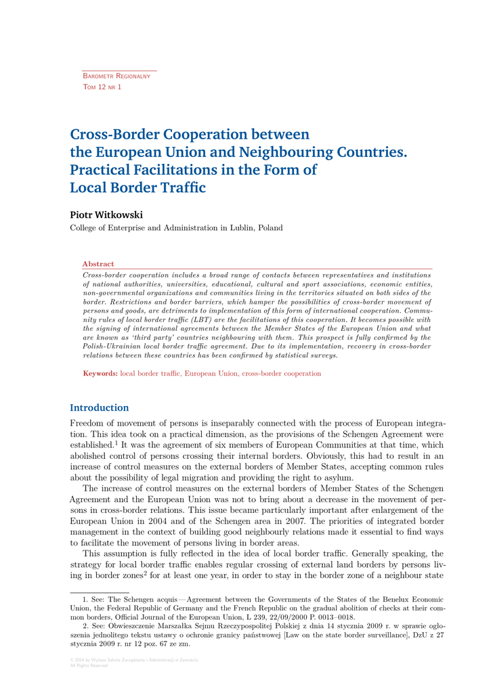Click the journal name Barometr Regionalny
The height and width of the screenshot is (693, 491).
(x=116, y=76)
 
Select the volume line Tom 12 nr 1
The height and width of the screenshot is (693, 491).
(x=102, y=87)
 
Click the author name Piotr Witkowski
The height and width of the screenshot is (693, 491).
(x=106, y=215)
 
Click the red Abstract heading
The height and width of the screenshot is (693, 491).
(x=98, y=264)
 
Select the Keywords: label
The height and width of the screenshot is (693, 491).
(x=100, y=374)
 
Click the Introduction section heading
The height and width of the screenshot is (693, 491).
(x=99, y=407)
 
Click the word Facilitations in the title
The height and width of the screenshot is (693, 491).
(x=179, y=170)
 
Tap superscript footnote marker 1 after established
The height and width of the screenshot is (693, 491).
(x=117, y=443)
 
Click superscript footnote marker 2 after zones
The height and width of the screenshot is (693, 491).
(x=145, y=573)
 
